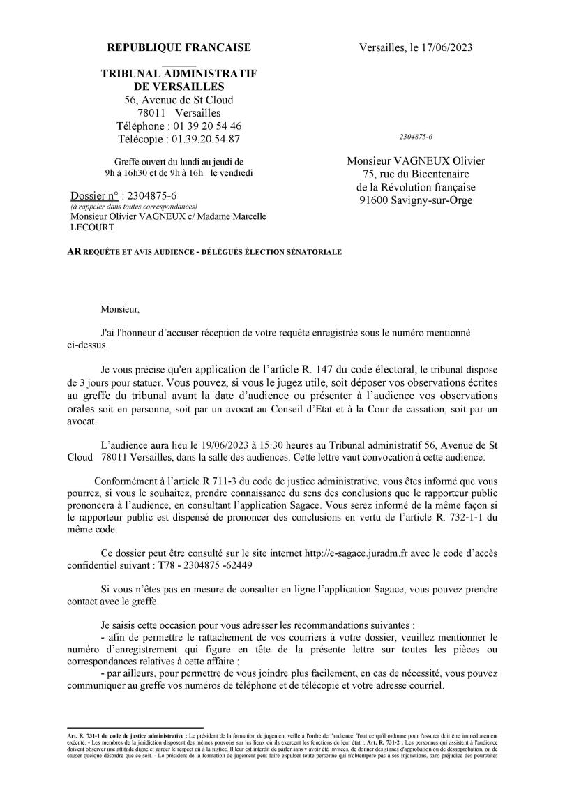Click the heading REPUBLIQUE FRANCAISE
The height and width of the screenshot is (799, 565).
click(179, 47)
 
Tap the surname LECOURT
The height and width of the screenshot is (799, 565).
click(93, 227)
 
